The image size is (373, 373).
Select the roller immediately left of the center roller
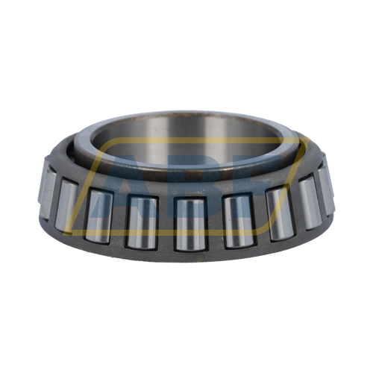coord(141,220)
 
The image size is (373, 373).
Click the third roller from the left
coord(98,214)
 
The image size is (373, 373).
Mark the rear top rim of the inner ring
coord(186,116)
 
